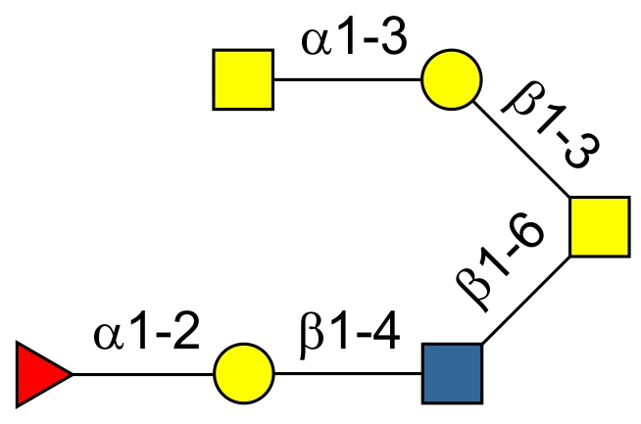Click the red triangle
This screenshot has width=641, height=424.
[39, 374]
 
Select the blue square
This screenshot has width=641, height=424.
[452, 373]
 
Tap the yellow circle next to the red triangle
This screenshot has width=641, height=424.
[243, 374]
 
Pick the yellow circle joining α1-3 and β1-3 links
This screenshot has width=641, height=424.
[451, 79]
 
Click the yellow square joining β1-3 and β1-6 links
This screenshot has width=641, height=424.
[599, 226]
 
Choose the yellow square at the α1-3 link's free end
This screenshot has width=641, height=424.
[243, 80]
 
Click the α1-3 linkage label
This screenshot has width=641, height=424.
[353, 43]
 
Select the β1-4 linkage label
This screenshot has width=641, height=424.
[348, 337]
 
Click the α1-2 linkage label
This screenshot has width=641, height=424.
[147, 335]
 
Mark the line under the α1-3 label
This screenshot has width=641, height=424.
[347, 80]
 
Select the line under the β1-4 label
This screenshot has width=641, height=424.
[348, 374]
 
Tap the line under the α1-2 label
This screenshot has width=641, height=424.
[143, 374]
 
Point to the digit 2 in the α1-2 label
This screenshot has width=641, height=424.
[186, 335]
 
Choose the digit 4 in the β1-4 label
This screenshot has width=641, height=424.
[385, 337]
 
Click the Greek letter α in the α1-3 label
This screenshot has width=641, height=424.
[315, 45]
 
